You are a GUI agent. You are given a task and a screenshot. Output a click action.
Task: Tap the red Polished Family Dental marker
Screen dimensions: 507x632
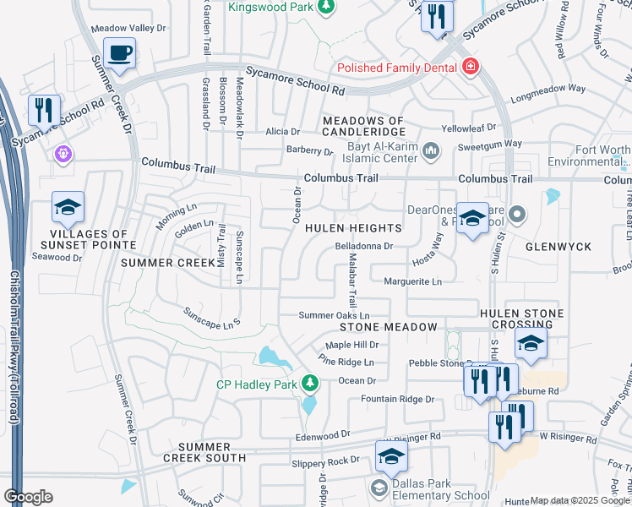pyautogui.click(x=470, y=67)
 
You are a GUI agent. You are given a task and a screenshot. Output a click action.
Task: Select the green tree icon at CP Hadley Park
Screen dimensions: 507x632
pyautogui.click(x=310, y=384)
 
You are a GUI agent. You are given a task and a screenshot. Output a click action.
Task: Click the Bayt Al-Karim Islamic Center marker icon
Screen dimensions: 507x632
pyautogui.click(x=431, y=151)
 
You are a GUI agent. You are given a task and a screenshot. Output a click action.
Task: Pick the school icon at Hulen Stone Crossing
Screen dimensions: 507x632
pyautogui.click(x=530, y=343)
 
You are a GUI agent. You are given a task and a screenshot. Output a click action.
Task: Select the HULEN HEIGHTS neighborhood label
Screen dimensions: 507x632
pyautogui.click(x=352, y=228)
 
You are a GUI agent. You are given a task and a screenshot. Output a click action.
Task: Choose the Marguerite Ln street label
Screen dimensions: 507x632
pyautogui.click(x=413, y=281)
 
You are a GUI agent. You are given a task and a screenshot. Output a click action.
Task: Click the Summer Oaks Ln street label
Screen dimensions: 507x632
pyautogui.click(x=335, y=315)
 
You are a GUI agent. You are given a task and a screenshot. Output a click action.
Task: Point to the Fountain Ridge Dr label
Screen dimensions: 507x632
pyautogui.click(x=397, y=399)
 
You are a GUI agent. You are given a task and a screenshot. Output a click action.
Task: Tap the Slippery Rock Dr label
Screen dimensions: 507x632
pyautogui.click(x=325, y=461)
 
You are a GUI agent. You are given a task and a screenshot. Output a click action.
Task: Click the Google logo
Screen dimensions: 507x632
pyautogui.click(x=28, y=497)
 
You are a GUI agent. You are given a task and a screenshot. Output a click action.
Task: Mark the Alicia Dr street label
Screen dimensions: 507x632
pyautogui.click(x=282, y=132)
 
